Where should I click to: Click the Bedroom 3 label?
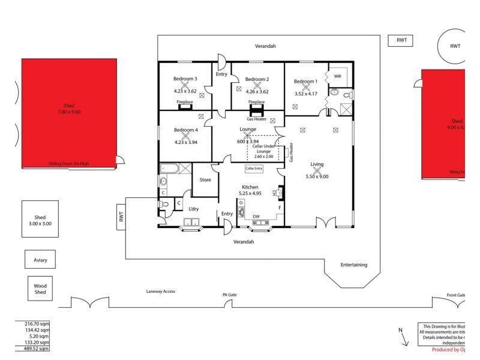(x=185, y=79)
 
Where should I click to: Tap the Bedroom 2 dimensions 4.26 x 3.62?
(x=257, y=92)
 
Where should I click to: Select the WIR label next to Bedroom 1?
(x=337, y=76)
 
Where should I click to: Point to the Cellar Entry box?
(x=254, y=169)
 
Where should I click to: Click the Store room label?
(x=205, y=179)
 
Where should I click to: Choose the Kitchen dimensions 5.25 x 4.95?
(x=250, y=194)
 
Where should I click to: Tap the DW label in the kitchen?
(x=256, y=217)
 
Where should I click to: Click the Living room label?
(x=317, y=164)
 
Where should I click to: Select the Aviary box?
(x=40, y=260)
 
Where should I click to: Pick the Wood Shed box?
(x=40, y=289)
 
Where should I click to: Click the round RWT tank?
(x=455, y=46)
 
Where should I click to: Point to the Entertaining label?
(x=353, y=265)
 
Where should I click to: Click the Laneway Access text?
(x=160, y=291)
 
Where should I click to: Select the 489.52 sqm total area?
(x=33, y=349)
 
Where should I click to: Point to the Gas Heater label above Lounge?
(x=257, y=119)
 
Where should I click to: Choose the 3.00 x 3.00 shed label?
(x=40, y=224)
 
